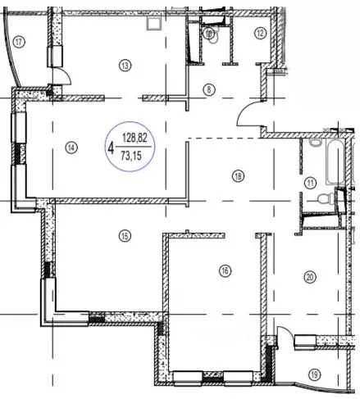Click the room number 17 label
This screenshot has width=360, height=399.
[18, 41]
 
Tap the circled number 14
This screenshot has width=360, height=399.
[71, 147]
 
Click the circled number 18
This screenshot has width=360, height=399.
[238, 175]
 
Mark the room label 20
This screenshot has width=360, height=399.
[310, 277]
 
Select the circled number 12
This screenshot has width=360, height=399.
[260, 34]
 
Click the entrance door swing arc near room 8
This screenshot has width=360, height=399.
[248, 116]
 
